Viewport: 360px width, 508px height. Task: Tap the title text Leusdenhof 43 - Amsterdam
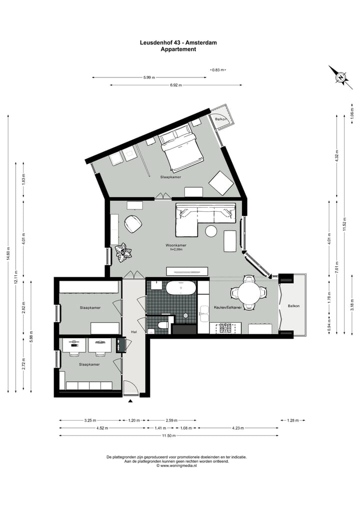click(178, 43)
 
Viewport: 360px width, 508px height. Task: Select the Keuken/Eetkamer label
click(227, 308)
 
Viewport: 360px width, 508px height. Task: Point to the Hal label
click(134, 331)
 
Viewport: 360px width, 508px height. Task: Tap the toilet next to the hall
click(162, 326)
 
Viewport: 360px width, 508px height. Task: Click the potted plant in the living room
click(123, 252)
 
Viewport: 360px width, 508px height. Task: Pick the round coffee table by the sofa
click(211, 231)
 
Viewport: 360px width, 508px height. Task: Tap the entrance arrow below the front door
click(131, 401)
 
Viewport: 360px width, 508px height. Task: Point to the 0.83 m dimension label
click(217, 70)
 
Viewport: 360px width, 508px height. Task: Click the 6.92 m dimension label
click(175, 85)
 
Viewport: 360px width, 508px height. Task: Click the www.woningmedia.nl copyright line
click(177, 466)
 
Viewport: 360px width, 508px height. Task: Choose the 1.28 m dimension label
click(292, 421)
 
